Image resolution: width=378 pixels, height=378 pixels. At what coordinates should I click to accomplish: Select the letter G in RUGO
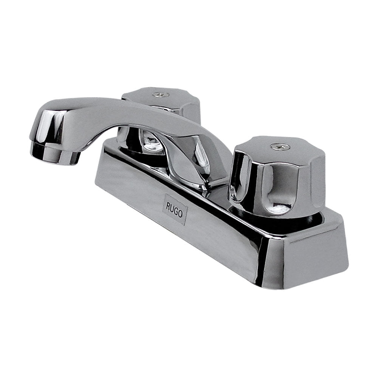point(176,211)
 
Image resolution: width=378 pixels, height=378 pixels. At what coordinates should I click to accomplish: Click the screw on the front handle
point(280,146)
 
